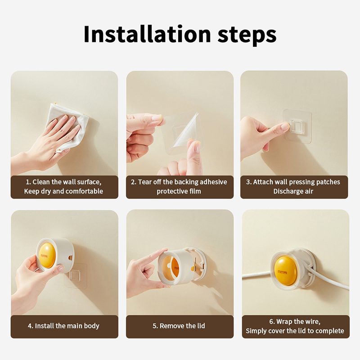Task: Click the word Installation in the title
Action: (x=147, y=34)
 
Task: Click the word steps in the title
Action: (x=247, y=36)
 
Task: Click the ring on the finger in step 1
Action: (x=58, y=150)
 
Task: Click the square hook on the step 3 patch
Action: (x=297, y=126)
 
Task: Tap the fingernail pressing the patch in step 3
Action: (x=285, y=126)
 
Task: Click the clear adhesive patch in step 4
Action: (x=76, y=275)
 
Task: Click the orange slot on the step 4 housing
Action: (x=70, y=257)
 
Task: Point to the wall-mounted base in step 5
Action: (x=198, y=264)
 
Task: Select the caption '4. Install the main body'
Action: (x=63, y=326)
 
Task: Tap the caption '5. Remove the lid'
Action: (x=179, y=326)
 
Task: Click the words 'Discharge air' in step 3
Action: (x=293, y=191)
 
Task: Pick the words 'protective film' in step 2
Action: (x=179, y=191)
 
